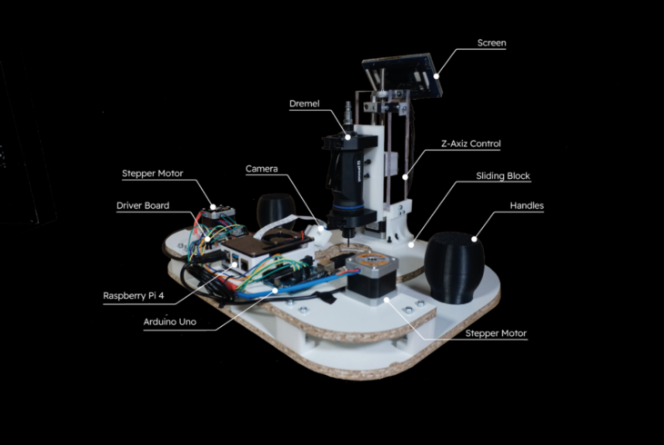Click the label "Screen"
click(492, 43)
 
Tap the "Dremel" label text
click(305, 104)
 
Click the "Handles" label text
click(527, 206)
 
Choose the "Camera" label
click(261, 169)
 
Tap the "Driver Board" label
click(143, 205)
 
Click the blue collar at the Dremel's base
click(347, 217)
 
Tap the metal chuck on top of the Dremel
click(347, 119)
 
